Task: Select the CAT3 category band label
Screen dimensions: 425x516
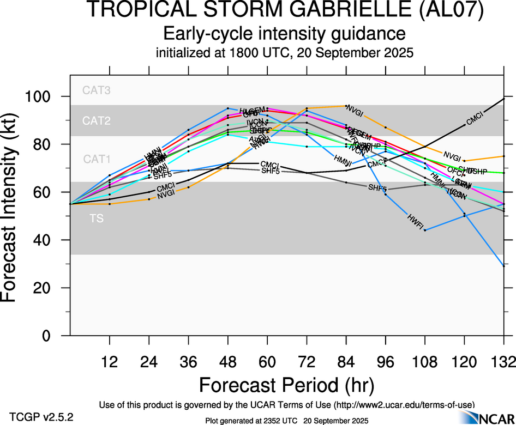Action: (97, 90)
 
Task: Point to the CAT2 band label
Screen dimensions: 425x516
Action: (97, 121)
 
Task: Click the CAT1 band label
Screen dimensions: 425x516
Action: (97, 159)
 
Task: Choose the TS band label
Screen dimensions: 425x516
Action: (97, 219)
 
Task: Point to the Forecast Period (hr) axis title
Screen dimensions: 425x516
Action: (286, 385)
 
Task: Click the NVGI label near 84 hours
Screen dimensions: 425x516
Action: (355, 113)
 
